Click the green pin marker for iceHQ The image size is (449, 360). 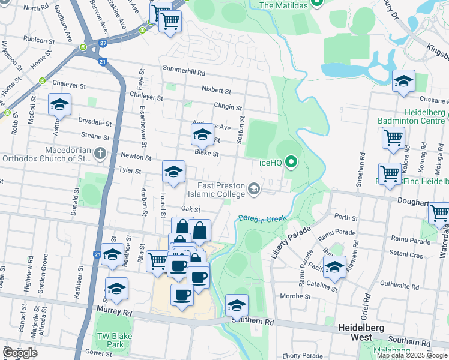pos(292,161)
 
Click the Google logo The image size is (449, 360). pos(20,353)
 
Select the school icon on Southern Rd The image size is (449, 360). pos(237,306)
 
